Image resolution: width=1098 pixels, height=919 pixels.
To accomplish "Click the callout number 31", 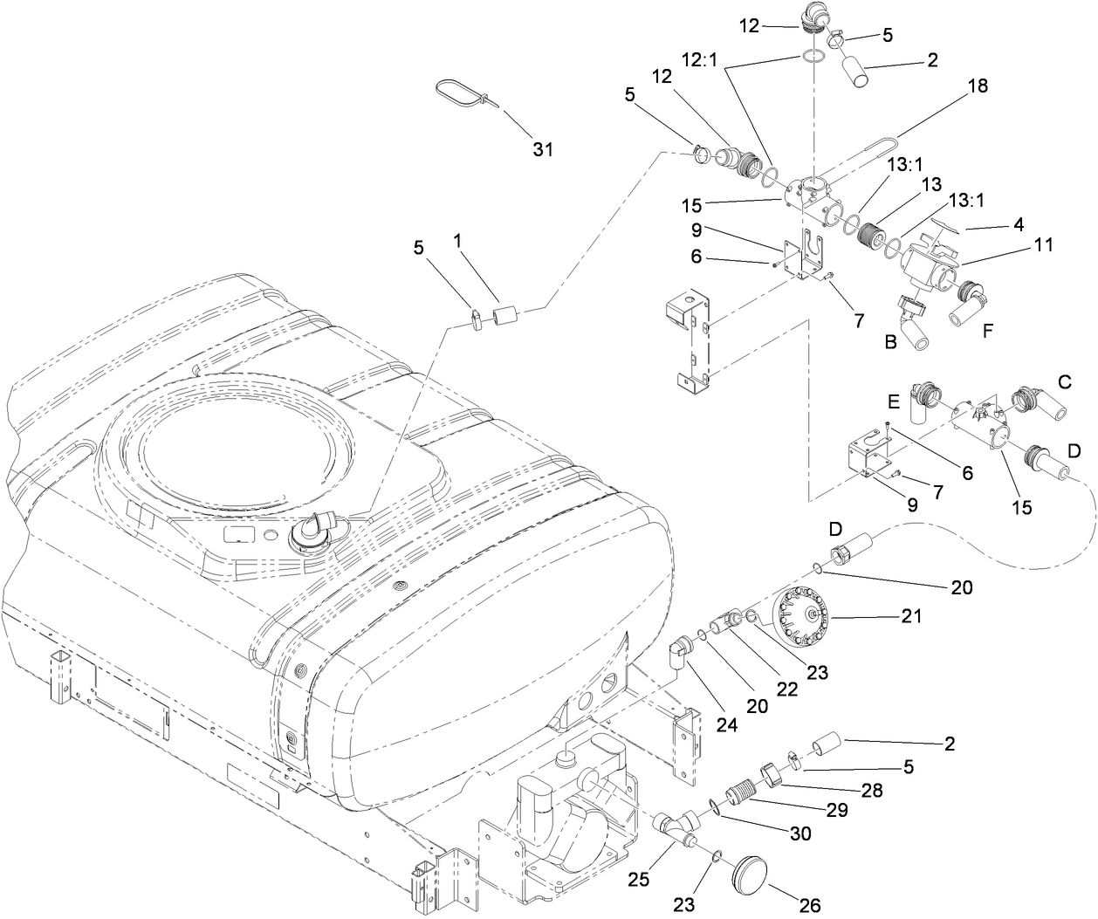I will [543, 149].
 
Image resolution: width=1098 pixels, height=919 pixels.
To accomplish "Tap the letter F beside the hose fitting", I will [987, 332].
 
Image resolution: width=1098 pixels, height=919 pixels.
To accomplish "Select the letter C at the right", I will [1064, 381].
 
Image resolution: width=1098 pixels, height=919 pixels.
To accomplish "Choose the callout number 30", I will [799, 834].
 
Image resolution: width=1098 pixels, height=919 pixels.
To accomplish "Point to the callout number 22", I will [786, 689].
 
